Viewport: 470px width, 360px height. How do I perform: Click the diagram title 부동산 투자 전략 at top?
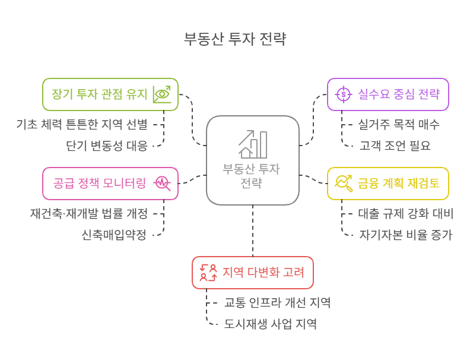point(235,40)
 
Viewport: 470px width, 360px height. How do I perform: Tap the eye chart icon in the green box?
point(161,94)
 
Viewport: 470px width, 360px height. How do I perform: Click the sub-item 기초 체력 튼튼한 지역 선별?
point(82,124)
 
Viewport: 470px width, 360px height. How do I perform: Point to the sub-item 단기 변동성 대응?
point(107,145)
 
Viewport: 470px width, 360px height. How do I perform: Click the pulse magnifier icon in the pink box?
point(162,183)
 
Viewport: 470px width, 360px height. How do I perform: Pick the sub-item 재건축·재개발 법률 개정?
point(89,213)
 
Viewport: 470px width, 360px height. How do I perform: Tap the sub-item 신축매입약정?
point(114,234)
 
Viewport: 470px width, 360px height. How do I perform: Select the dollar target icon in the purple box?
point(344,94)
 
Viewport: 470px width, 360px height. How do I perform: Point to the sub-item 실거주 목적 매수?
point(399,124)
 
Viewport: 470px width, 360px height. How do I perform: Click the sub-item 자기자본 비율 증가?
point(405,234)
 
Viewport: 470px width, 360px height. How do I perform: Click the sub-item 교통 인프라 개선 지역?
point(277,302)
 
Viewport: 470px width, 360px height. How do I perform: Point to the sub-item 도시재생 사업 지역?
point(270,324)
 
